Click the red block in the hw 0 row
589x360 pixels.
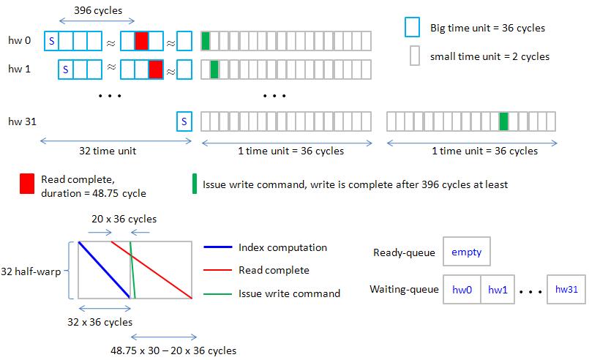click(x=141, y=40)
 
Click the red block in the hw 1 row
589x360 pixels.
click(x=155, y=70)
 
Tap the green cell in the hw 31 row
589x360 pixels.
click(x=503, y=121)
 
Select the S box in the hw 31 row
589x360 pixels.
click(x=184, y=121)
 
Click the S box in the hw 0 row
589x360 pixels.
click(x=51, y=40)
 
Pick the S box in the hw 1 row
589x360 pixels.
click(x=65, y=70)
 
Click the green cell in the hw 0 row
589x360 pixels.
click(x=206, y=40)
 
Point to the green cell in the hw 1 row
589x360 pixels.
click(x=214, y=70)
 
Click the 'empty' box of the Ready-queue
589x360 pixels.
click(x=467, y=252)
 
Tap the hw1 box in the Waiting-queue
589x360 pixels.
click(x=498, y=290)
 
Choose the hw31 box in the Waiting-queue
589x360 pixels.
click(x=566, y=290)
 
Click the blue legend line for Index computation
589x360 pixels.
click(x=217, y=247)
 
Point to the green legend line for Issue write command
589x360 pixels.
click(x=217, y=294)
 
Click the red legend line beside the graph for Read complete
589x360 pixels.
click(x=217, y=271)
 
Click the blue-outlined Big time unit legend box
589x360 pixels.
click(x=412, y=28)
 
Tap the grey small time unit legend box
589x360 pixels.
click(x=414, y=56)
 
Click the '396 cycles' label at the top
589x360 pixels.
click(x=98, y=11)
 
